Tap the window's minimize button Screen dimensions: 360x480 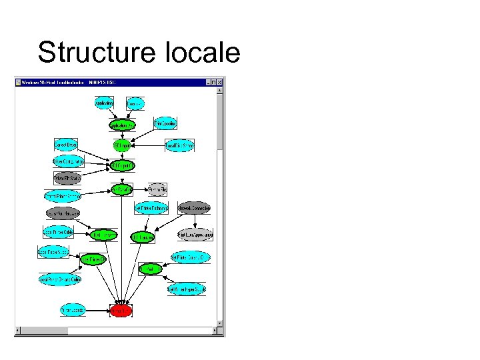coord(207,83)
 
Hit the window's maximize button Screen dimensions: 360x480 coord(213,83)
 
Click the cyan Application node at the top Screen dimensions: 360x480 coord(104,103)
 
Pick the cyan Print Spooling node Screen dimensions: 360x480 coord(165,124)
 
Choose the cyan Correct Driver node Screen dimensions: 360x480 coord(66,145)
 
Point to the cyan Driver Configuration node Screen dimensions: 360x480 coord(68,161)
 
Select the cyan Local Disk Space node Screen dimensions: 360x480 coord(180,145)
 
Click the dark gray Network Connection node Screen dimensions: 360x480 coord(194,207)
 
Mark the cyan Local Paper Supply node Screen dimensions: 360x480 coord(53,252)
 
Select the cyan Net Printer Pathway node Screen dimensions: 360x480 coord(151,207)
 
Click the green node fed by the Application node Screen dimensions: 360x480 coord(122,125)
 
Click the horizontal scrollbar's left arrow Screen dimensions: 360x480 coord(19,330)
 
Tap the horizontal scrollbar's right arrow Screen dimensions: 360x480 coord(214,330)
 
